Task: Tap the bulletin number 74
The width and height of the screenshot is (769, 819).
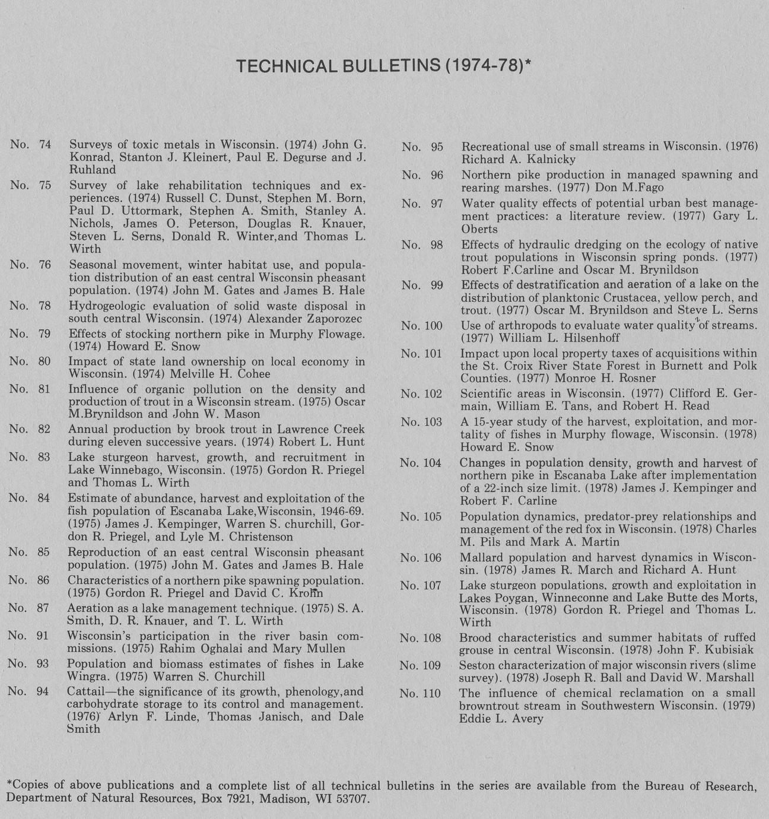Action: pos(45,144)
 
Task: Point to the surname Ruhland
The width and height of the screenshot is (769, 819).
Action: pos(93,170)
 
